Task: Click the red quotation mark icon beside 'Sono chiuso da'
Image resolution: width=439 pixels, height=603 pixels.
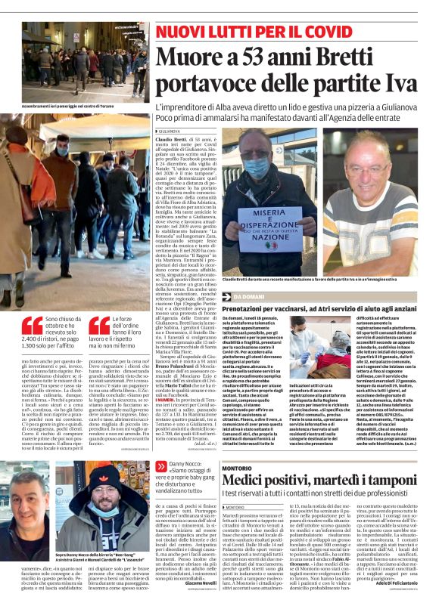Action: pyautogui.click(x=32, y=326)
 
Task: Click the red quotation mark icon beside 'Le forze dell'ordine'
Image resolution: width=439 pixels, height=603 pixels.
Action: pyautogui.click(x=100, y=326)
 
